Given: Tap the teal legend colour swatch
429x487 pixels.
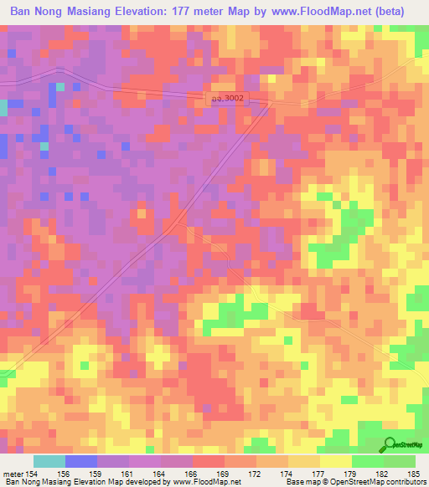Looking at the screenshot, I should (x=49, y=461).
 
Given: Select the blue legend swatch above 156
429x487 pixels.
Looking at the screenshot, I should (x=80, y=461).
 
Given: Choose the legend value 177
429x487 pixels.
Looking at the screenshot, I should (x=318, y=474).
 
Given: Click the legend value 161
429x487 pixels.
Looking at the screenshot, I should (x=126, y=474).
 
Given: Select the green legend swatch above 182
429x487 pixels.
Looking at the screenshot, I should (x=367, y=461).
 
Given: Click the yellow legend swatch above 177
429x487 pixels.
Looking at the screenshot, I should (x=335, y=461).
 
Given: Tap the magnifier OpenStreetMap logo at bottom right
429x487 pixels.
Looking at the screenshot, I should (x=390, y=445).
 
